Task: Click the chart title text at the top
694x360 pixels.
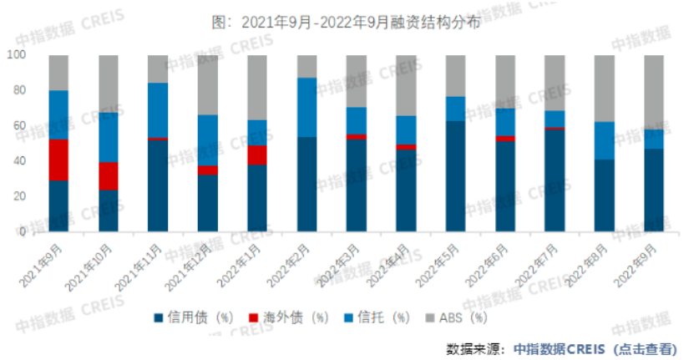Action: pyautogui.click(x=347, y=23)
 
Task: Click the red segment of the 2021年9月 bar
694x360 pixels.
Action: pyautogui.click(x=58, y=160)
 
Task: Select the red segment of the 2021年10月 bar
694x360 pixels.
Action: pyautogui.click(x=109, y=175)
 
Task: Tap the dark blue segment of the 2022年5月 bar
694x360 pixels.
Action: pyautogui.click(x=455, y=176)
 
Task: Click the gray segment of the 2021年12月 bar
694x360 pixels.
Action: pyautogui.click(x=208, y=84)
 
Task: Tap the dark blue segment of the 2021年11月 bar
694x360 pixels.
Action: pyautogui.click(x=158, y=185)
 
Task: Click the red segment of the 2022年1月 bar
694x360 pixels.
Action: pyautogui.click(x=257, y=155)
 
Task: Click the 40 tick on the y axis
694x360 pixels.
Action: pyautogui.click(x=20, y=161)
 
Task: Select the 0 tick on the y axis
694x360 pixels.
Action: pyautogui.click(x=23, y=232)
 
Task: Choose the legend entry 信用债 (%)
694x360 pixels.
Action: pyautogui.click(x=190, y=317)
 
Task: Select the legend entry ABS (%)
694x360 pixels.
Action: pyautogui.click(x=458, y=317)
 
